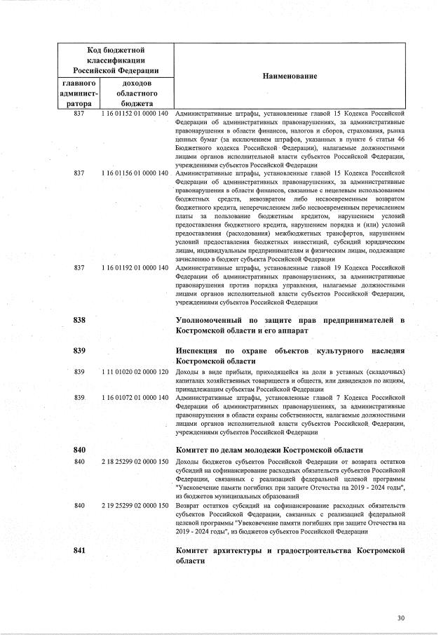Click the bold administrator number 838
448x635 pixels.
[x=79, y=320]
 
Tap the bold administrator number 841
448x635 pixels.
[x=79, y=550]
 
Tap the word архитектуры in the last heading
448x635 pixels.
[x=240, y=550]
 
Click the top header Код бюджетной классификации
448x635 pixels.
[x=116, y=60]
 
